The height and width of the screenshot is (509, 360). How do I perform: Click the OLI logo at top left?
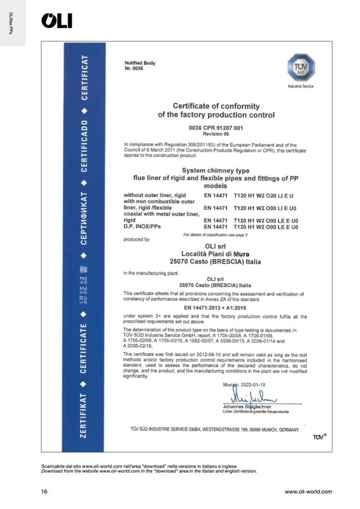click(56, 21)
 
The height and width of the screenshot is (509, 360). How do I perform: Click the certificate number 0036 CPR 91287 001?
click(216, 128)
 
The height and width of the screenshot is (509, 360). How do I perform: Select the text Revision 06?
click(216, 134)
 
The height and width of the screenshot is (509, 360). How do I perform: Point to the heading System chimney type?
click(216, 170)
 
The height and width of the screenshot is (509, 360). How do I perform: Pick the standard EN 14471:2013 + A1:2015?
click(216, 307)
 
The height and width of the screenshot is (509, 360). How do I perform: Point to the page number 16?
click(45, 491)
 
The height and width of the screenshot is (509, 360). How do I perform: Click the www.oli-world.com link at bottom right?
click(308, 491)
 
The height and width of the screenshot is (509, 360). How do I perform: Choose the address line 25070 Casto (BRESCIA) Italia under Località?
click(216, 262)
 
